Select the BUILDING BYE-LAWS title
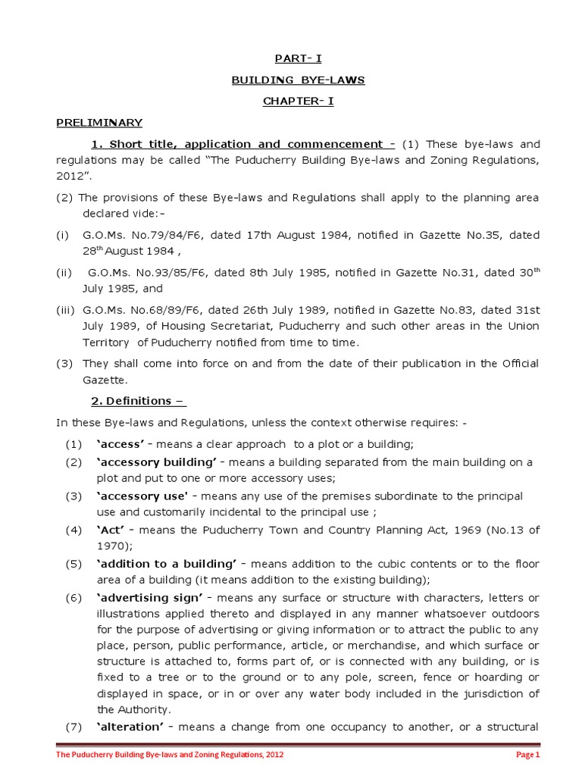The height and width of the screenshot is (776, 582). (x=298, y=80)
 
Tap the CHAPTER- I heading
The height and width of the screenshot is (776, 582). (x=298, y=101)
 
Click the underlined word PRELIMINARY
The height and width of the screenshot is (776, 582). (x=99, y=122)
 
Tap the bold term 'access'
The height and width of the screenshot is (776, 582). (x=121, y=444)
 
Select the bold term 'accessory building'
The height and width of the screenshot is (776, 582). (x=157, y=462)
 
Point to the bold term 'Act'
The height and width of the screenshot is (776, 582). (x=111, y=529)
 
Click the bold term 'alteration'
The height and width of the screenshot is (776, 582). (x=129, y=727)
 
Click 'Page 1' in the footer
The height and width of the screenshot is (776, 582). (x=527, y=755)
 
